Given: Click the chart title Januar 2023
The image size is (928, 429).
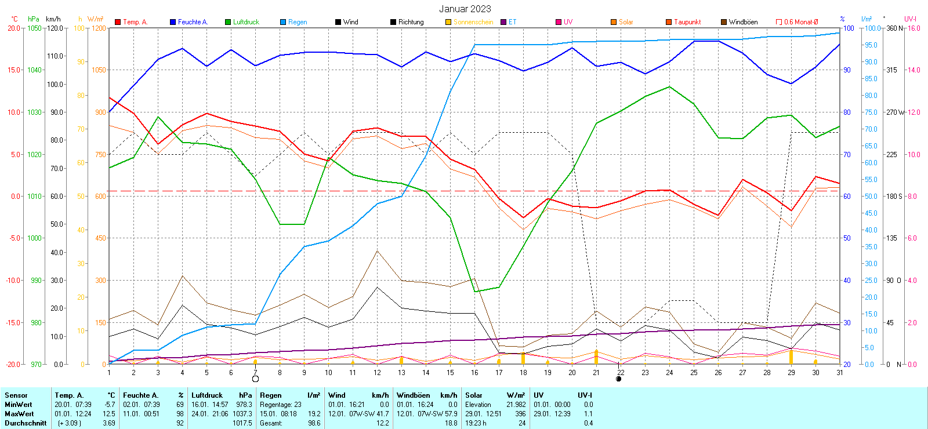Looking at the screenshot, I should [x=465, y=9].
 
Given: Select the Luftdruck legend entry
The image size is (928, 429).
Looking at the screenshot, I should [x=245, y=22].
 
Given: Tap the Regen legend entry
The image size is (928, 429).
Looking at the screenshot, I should [x=297, y=22].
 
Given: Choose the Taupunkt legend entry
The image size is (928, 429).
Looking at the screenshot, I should [x=687, y=22].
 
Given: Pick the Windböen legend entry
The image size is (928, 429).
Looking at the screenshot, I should [x=742, y=22].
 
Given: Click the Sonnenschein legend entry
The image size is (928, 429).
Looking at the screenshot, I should [x=473, y=22].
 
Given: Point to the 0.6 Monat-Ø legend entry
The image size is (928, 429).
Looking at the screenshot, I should [x=800, y=22].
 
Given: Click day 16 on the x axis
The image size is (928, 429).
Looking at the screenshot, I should [x=474, y=373].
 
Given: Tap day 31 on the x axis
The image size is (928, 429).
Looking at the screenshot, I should [x=839, y=373].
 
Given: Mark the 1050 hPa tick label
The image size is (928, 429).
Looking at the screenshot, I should [x=34, y=28].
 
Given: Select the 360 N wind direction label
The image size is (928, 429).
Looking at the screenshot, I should [x=894, y=28].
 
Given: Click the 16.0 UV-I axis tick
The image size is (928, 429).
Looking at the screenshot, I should [x=913, y=28].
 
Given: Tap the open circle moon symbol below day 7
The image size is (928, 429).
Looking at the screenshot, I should [x=255, y=379].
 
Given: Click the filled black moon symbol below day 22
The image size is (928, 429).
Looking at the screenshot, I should [x=619, y=379].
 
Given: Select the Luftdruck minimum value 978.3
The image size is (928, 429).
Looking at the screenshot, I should [x=244, y=405].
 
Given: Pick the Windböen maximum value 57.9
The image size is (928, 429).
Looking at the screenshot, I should [x=450, y=414].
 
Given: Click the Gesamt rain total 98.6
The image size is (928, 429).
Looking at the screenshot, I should [x=314, y=423].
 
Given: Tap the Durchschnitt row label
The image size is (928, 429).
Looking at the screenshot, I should [x=26, y=423].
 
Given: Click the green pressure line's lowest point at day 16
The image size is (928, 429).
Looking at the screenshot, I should [x=475, y=292].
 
